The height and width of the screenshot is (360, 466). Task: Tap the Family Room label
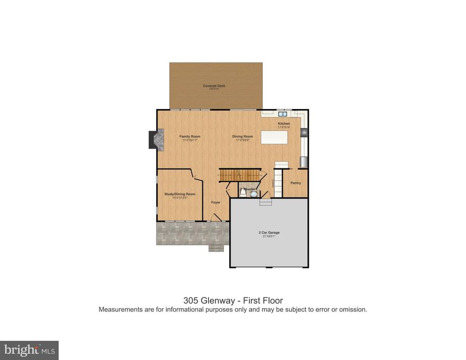pyautogui.click(x=190, y=137)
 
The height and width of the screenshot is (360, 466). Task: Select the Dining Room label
pyautogui.click(x=243, y=137)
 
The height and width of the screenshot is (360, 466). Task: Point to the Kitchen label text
pyautogui.click(x=284, y=124)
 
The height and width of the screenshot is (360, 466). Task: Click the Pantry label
pyautogui.click(x=295, y=183)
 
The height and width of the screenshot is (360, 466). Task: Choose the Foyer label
pyautogui.click(x=216, y=202)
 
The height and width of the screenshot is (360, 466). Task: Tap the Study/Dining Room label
pyautogui.click(x=180, y=194)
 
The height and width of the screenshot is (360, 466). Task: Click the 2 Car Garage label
pyautogui.click(x=269, y=232)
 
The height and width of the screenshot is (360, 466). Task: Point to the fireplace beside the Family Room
pyautogui.click(x=152, y=140)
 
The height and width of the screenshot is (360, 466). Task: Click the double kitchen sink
pyautogui.click(x=282, y=113)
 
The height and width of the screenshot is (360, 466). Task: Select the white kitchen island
pyautogui.click(x=274, y=137)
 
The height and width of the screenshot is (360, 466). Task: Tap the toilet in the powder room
pyautogui.click(x=243, y=192)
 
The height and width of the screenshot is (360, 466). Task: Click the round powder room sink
pyautogui.click(x=254, y=194)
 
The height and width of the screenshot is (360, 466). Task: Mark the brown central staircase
pyautogui.click(x=241, y=175)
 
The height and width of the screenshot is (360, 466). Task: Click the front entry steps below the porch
pyautogui.click(x=216, y=248)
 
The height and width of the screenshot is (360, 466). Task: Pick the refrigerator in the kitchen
pyautogui.click(x=303, y=161)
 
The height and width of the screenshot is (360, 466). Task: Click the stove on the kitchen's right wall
pyautogui.click(x=304, y=132)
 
